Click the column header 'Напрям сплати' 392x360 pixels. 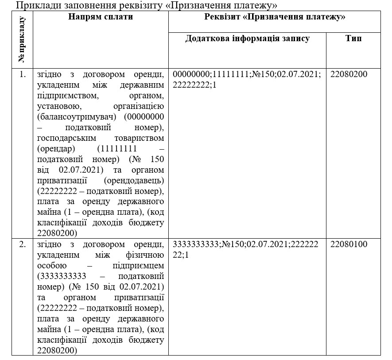101,17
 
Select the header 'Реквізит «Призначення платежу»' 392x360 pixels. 275,17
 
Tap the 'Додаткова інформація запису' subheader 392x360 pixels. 247,39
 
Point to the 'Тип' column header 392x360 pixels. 353,39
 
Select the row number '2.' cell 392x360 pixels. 23,244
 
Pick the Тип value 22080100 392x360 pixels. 349,244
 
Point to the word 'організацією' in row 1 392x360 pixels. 139,106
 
